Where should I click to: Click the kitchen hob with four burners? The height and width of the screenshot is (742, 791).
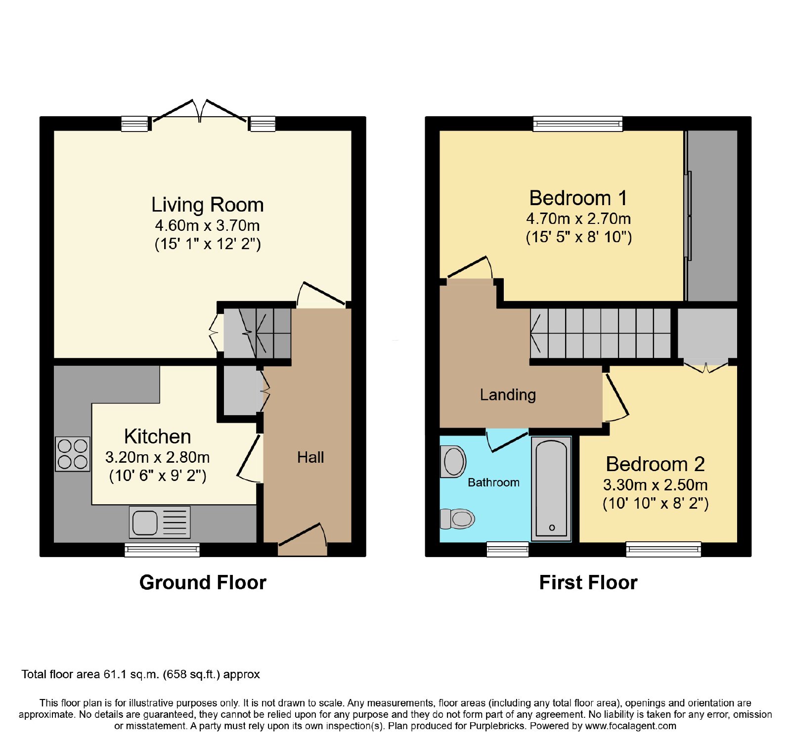point(73,454)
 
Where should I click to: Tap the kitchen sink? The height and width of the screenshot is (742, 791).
point(160,522)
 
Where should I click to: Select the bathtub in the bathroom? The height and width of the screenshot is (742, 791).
point(551,488)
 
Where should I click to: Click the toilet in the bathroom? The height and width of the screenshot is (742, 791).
point(457,519)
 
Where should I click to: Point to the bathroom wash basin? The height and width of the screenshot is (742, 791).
point(453,462)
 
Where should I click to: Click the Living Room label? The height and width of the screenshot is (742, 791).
point(208,205)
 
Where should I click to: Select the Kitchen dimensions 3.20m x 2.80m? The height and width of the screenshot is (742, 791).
point(157,457)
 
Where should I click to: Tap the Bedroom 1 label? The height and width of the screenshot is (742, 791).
point(578,198)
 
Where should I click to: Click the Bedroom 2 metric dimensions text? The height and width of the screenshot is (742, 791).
point(655,485)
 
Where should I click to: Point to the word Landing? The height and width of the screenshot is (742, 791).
point(508,394)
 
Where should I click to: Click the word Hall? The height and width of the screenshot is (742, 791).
point(310,457)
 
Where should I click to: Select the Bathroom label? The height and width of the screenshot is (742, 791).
point(493,482)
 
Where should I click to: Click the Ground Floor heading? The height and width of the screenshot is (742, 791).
point(203,582)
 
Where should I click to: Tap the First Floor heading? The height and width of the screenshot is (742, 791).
point(588,582)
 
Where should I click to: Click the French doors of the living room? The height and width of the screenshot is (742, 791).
point(199,111)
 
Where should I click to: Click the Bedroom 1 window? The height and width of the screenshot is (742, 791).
point(577,124)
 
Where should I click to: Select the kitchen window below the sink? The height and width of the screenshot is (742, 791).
point(162,550)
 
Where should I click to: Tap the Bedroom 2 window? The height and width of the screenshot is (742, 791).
point(663,549)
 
